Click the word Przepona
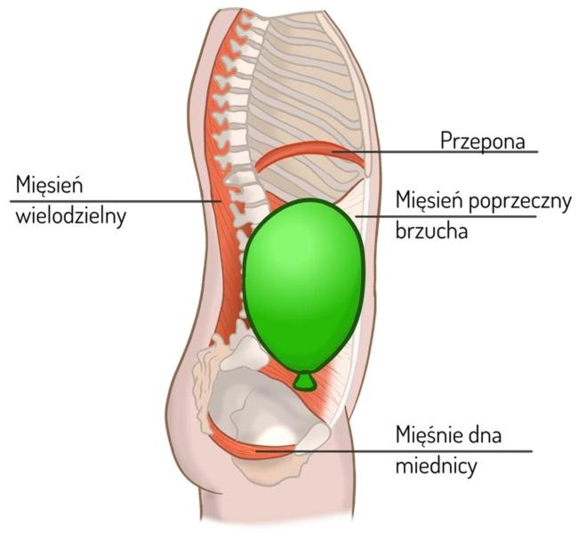click(483, 141)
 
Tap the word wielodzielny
click(71, 216)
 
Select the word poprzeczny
click(520, 202)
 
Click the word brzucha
click(431, 231)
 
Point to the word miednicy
click(436, 465)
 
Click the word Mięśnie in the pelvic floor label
click(427, 434)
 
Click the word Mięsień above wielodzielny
click(49, 185)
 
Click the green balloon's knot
click(304, 382)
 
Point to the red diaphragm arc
click(310, 149)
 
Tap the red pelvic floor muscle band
click(251, 445)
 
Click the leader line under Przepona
click(435, 151)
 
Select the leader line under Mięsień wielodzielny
click(116, 201)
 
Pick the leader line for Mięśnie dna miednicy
click(394, 451)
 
